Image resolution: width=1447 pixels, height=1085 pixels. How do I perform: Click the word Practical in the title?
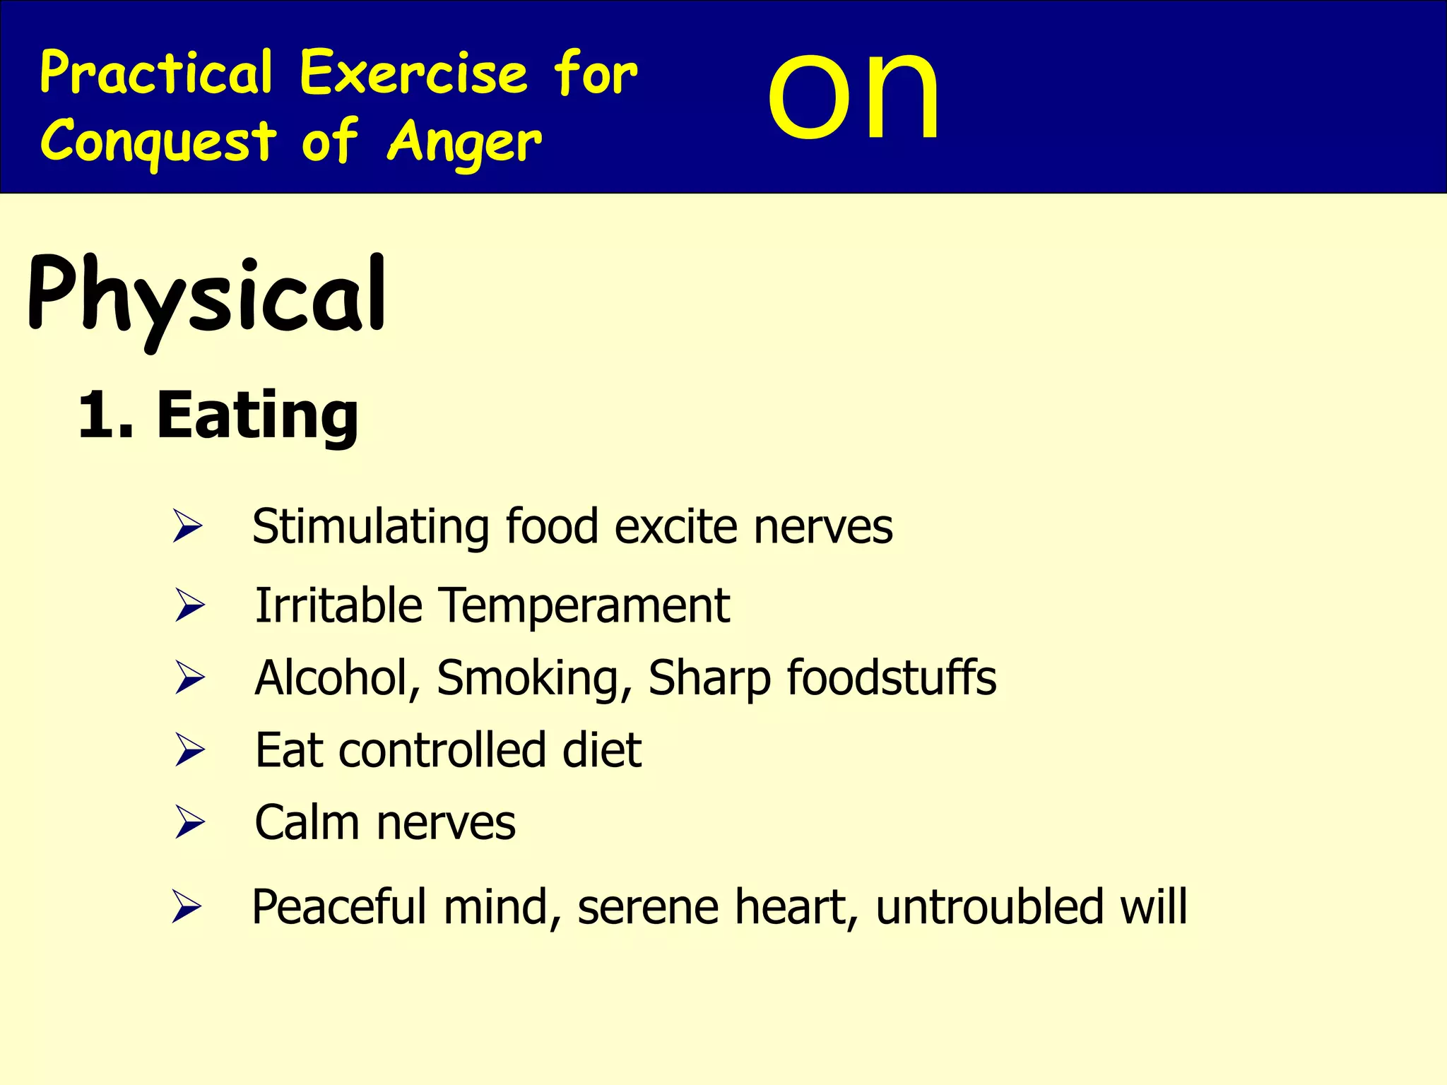click(156, 73)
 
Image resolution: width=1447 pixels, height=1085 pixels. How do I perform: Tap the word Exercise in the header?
click(413, 73)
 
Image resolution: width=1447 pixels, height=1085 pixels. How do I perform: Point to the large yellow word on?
click(854, 95)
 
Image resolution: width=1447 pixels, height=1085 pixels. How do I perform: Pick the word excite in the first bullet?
click(675, 528)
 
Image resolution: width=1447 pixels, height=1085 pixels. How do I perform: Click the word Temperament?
click(584, 606)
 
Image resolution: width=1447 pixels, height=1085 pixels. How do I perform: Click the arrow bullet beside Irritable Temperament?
click(189, 606)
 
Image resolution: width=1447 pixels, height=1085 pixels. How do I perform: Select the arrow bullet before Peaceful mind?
click(187, 907)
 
